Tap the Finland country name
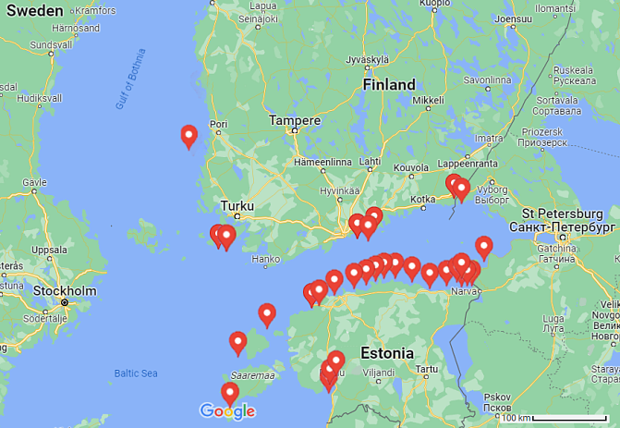[x=388, y=84]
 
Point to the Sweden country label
[x=32, y=11]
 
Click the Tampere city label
[x=294, y=120]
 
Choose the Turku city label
[x=237, y=206]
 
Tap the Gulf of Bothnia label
[x=130, y=79]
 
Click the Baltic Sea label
[x=137, y=373]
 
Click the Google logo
[x=226, y=411]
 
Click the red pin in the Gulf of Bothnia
[x=188, y=136]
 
